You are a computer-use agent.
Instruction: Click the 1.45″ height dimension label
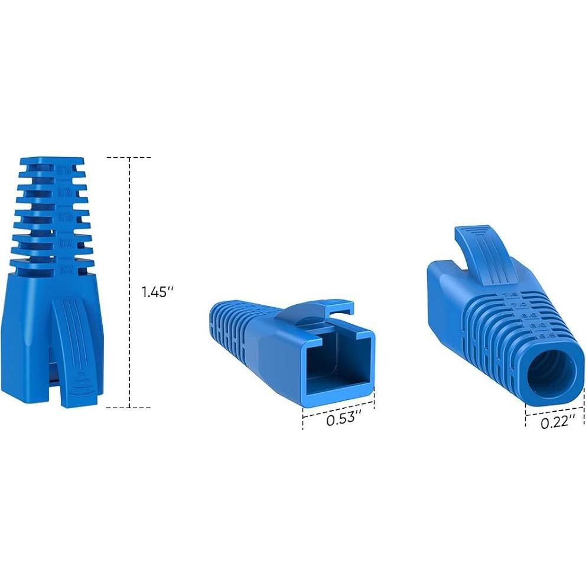tap(157, 291)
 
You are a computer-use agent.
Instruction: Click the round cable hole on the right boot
tap(551, 370)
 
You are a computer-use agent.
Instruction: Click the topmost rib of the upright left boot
tap(52, 161)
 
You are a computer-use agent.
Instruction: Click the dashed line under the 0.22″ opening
tap(551, 411)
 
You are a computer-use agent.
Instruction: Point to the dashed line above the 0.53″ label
tap(338, 407)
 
